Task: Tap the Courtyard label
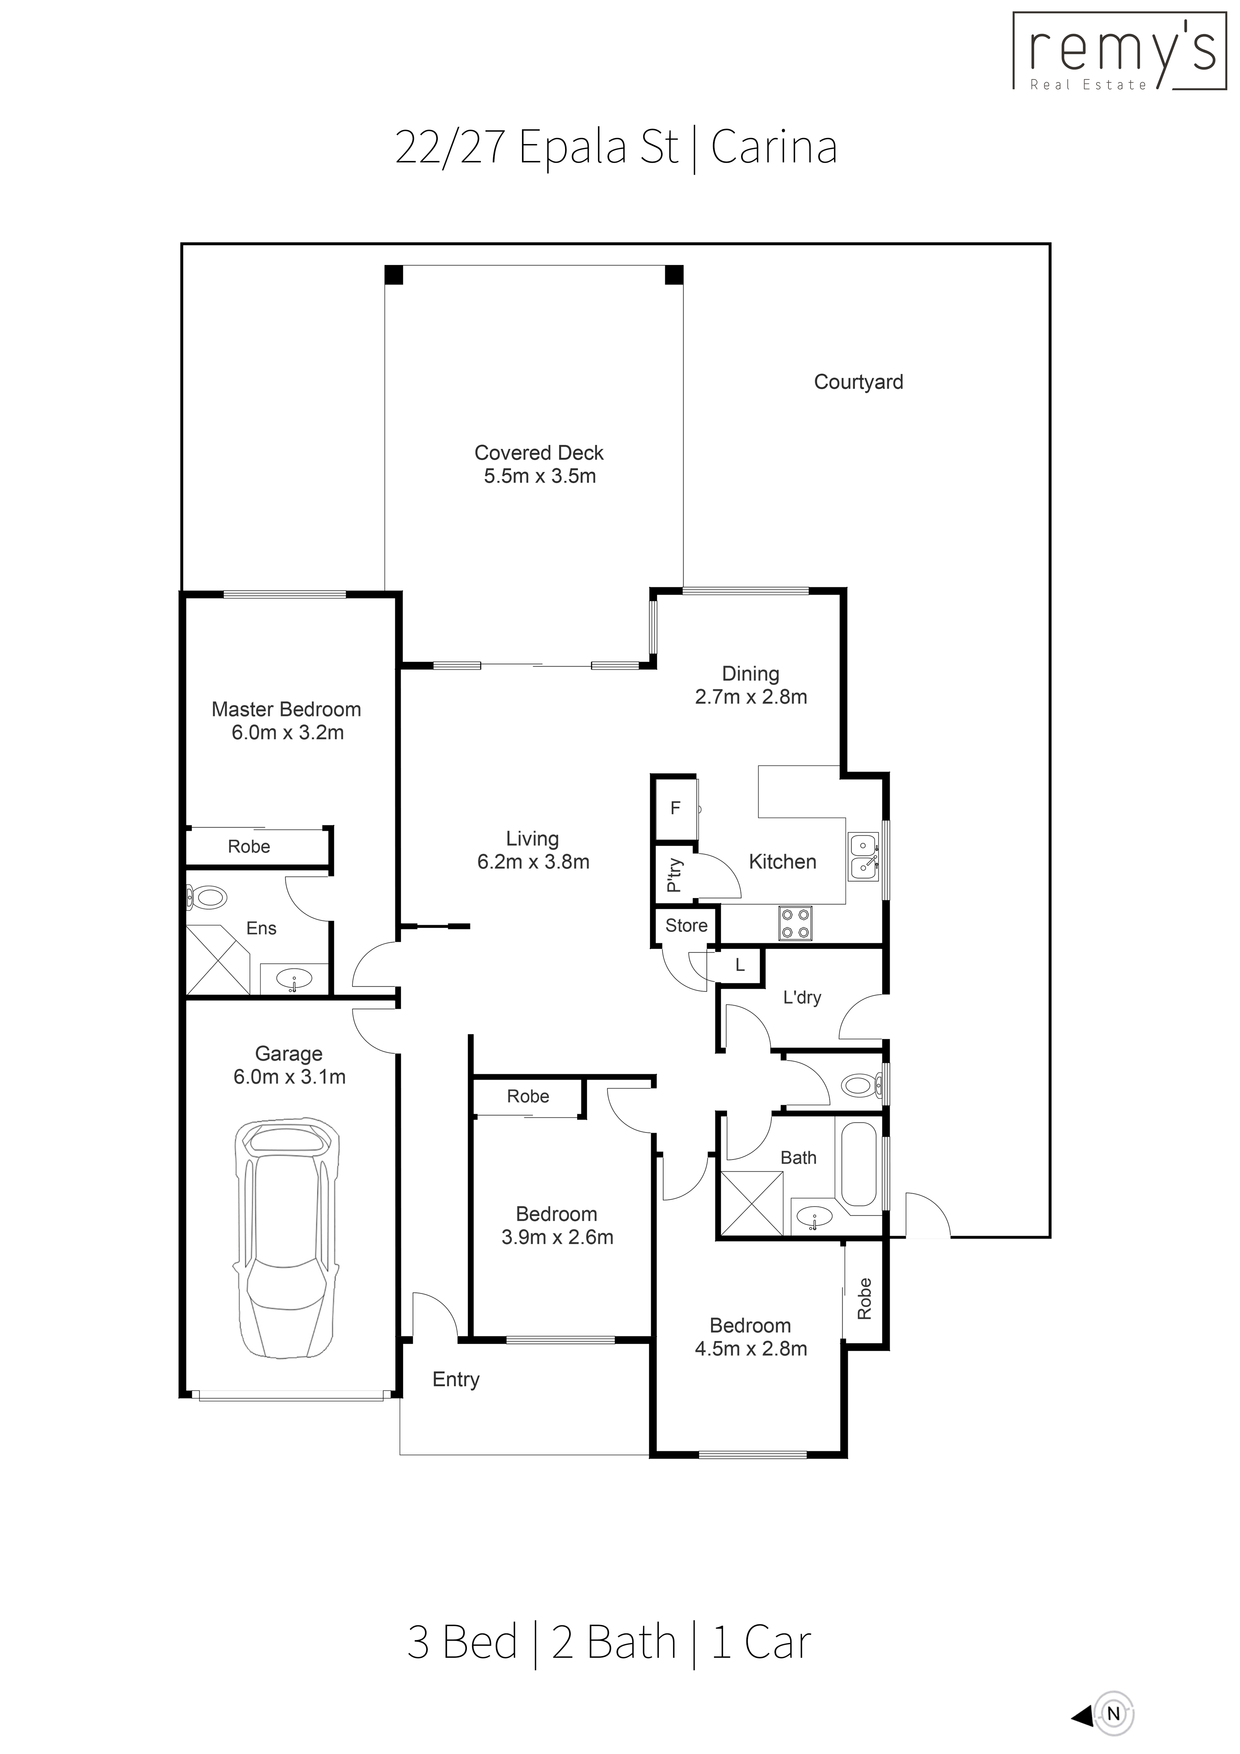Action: click(858, 382)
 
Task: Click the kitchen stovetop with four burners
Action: click(795, 923)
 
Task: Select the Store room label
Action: click(686, 926)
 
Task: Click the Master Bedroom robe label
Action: click(249, 847)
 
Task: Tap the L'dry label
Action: click(802, 998)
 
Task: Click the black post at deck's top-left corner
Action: click(393, 275)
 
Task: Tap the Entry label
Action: click(456, 1380)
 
